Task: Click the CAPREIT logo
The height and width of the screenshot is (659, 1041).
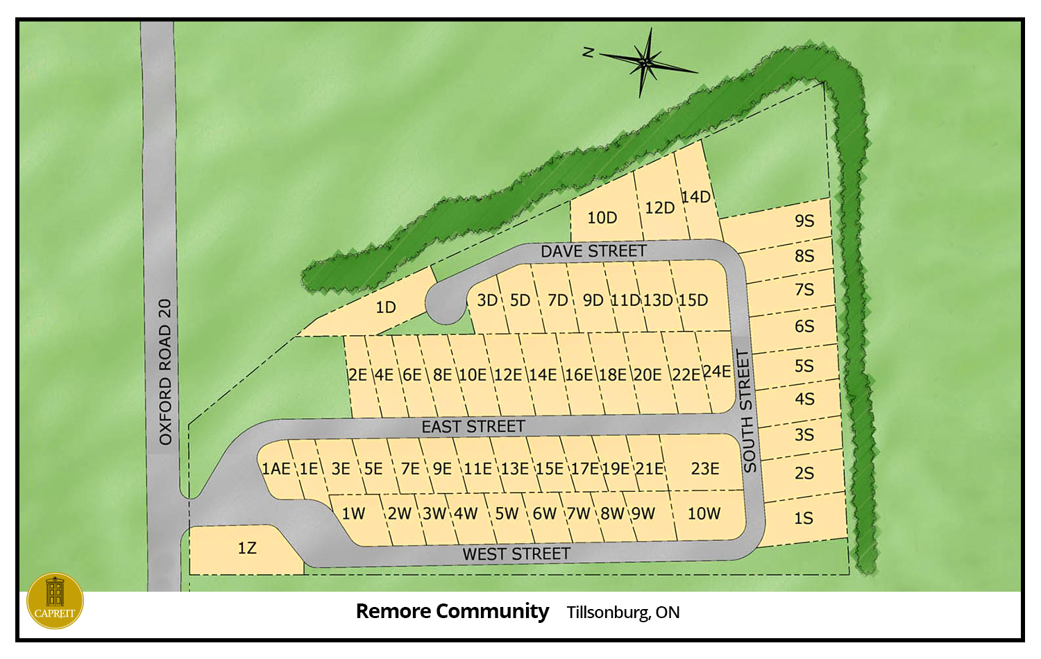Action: click(x=55, y=601)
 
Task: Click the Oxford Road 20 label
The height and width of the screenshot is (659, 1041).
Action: click(x=164, y=372)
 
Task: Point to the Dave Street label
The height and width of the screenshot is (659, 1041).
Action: click(x=593, y=251)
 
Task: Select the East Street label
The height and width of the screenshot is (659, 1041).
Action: click(x=473, y=427)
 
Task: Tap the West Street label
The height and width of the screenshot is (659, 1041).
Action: click(x=516, y=554)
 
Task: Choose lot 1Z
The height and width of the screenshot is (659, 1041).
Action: click(x=246, y=549)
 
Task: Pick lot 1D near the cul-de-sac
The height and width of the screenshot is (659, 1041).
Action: click(x=385, y=307)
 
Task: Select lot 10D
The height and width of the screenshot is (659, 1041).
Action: click(x=602, y=218)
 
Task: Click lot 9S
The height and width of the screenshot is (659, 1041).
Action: click(x=804, y=221)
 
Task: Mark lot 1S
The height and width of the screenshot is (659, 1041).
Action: click(x=803, y=518)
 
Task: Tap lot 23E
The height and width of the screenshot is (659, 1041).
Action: click(x=704, y=469)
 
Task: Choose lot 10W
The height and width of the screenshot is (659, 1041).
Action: click(x=704, y=514)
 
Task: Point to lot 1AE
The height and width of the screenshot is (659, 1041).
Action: click(x=276, y=469)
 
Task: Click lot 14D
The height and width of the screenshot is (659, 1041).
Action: click(x=695, y=197)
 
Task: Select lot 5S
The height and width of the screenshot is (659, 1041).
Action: click(x=804, y=366)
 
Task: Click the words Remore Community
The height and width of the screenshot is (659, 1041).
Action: click(x=452, y=611)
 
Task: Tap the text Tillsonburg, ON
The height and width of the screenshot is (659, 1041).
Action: click(x=623, y=613)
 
